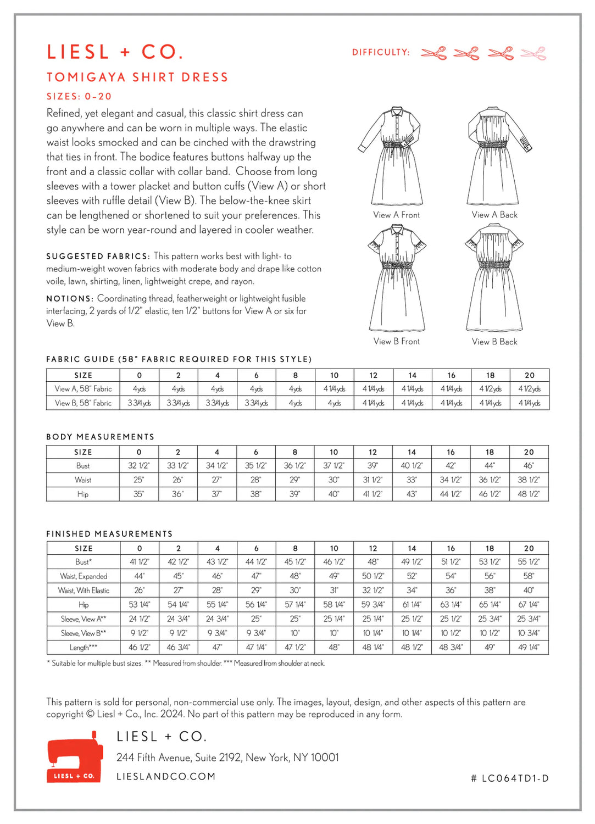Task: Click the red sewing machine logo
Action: coord(75,757)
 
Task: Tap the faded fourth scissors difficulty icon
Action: coord(533,53)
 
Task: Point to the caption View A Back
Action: coord(494,215)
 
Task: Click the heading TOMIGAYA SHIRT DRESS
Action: coord(137,77)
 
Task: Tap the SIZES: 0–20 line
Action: coord(79,96)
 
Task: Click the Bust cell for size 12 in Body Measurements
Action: coord(372,466)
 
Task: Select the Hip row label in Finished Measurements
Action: coord(84,605)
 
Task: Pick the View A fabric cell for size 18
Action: coord(490,389)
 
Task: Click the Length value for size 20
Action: coord(529,648)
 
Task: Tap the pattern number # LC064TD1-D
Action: coord(510,778)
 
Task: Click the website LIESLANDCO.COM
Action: coord(166,777)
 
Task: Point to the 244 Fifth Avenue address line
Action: coord(227,758)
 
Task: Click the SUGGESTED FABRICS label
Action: coord(97,257)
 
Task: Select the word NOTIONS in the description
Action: coord(69,299)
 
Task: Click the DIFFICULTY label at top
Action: coord(381,52)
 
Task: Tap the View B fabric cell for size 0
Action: coord(139,403)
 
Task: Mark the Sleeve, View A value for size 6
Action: coord(256,619)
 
